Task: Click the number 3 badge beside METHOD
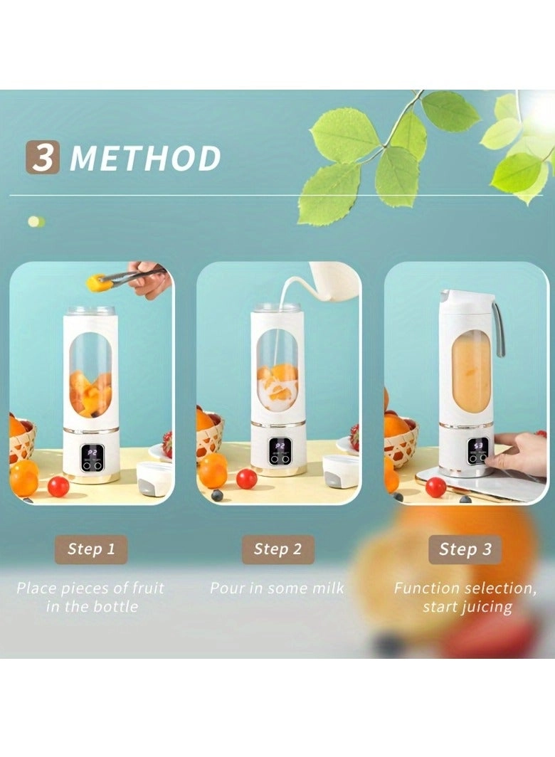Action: point(43,157)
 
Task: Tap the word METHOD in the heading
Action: point(145,158)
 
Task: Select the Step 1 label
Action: point(91,549)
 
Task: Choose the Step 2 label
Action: point(277,549)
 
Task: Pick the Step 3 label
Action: point(465,549)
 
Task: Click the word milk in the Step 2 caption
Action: point(327,588)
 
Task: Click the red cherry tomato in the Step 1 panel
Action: point(58,487)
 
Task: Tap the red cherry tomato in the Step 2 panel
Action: point(246,479)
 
